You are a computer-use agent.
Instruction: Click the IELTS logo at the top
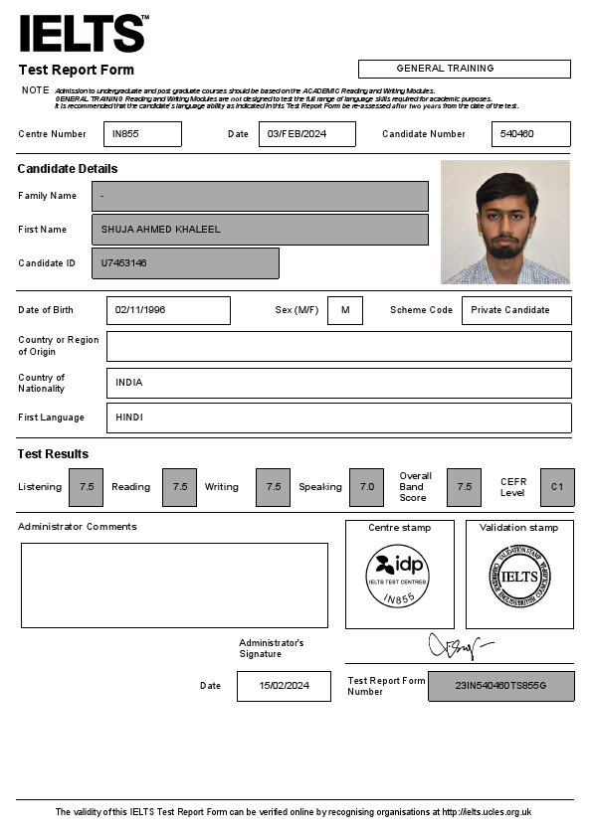click(x=84, y=34)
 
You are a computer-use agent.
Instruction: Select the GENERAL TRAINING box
click(x=464, y=69)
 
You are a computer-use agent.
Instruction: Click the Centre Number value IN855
click(x=142, y=134)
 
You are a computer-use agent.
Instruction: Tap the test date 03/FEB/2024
click(x=306, y=134)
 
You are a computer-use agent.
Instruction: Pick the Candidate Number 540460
click(x=530, y=134)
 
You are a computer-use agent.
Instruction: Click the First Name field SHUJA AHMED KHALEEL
click(x=260, y=230)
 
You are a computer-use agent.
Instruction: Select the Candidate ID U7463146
click(x=185, y=263)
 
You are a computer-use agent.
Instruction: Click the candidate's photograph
click(x=505, y=223)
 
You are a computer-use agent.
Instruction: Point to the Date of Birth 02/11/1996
click(x=168, y=310)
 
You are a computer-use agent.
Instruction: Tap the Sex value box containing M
click(x=345, y=310)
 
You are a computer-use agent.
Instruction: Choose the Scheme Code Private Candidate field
click(x=516, y=310)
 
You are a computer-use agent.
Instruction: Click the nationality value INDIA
click(x=338, y=383)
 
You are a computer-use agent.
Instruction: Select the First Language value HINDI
click(x=338, y=418)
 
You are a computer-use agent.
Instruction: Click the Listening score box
click(x=87, y=487)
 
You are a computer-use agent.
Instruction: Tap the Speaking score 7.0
click(x=367, y=487)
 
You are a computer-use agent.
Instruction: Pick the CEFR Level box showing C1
click(x=557, y=487)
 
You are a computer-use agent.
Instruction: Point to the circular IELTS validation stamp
click(x=518, y=578)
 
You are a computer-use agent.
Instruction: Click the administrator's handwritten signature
click(x=457, y=647)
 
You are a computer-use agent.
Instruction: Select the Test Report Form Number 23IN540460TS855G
click(x=500, y=686)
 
